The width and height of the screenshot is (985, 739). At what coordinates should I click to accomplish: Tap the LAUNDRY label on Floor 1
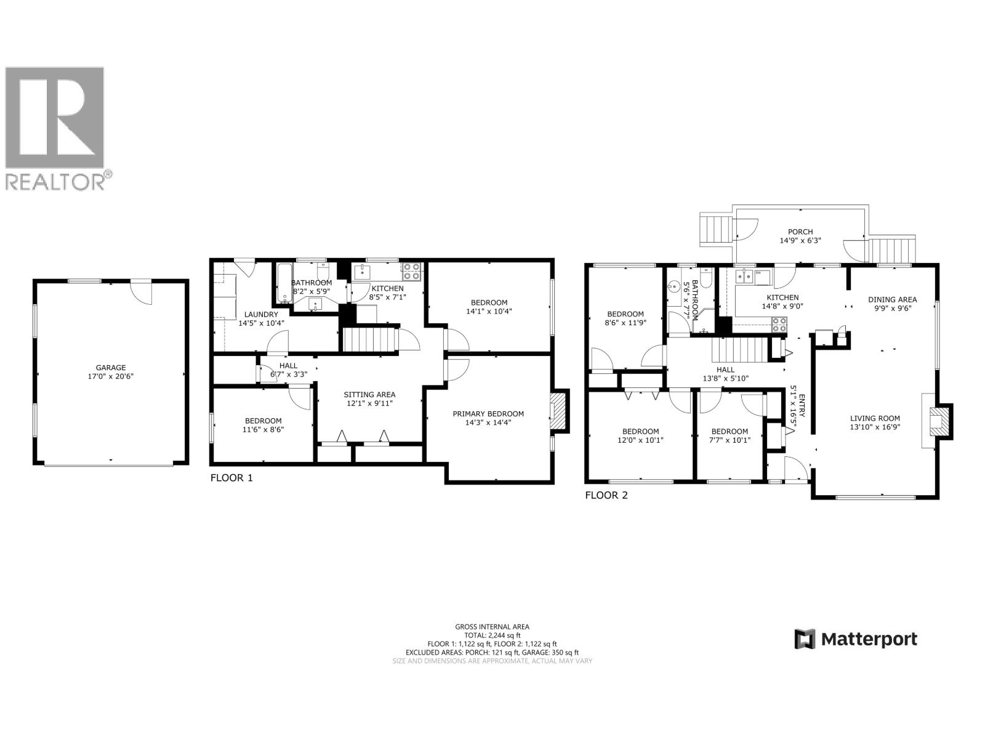261,314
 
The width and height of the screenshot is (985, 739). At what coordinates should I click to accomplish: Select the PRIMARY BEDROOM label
488,414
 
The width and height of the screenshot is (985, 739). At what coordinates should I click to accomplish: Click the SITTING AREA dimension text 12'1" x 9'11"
369,403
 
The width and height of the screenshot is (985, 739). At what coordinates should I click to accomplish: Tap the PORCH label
800,232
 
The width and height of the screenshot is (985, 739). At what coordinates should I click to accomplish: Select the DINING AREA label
892,300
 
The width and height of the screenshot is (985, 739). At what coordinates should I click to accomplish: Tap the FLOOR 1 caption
231,478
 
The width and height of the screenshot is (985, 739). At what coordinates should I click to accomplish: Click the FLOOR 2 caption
606,495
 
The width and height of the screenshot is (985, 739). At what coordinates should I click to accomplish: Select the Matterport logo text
869,639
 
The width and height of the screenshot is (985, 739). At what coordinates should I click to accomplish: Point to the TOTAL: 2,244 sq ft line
492,635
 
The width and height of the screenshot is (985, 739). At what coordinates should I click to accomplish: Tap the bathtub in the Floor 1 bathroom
284,284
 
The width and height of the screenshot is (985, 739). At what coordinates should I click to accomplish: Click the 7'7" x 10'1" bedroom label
730,435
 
